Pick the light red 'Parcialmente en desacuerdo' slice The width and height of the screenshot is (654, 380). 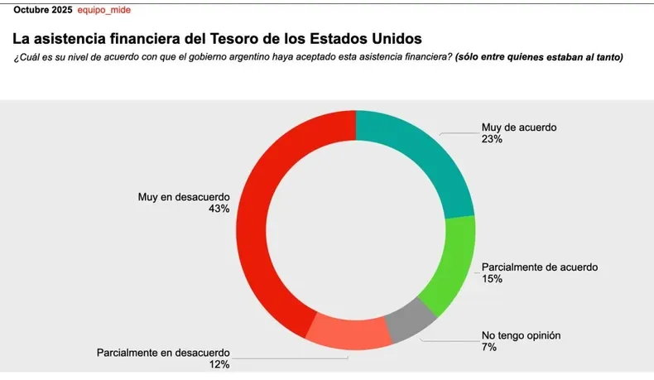(x=349, y=332)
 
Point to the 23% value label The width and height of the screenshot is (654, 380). (x=492, y=140)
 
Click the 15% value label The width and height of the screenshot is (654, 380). (x=492, y=279)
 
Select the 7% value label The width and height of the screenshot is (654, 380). (x=489, y=347)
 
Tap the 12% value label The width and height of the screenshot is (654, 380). (x=219, y=363)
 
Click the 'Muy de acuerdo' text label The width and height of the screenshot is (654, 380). (x=519, y=128)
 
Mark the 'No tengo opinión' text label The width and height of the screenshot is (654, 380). (x=522, y=335)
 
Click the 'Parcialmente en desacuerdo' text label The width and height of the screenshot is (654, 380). (x=163, y=352)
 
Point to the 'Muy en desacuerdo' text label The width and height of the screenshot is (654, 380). (x=184, y=197)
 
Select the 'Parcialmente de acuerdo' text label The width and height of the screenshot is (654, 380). (x=540, y=267)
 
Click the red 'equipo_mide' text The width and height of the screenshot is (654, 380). (x=103, y=10)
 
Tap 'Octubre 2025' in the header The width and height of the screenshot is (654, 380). (x=42, y=10)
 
